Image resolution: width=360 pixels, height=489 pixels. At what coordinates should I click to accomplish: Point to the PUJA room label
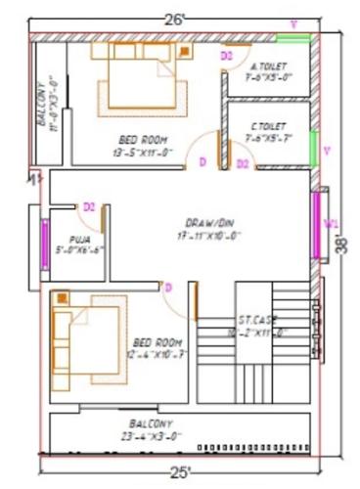coord(80,239)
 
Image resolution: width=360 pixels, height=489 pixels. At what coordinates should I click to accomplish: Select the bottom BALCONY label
coord(148,422)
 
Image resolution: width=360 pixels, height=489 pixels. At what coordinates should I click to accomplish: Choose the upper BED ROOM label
coord(144,140)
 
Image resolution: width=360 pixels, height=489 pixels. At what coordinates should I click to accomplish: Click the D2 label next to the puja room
coord(88,207)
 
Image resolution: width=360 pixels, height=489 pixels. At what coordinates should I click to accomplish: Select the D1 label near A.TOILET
coord(226,57)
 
